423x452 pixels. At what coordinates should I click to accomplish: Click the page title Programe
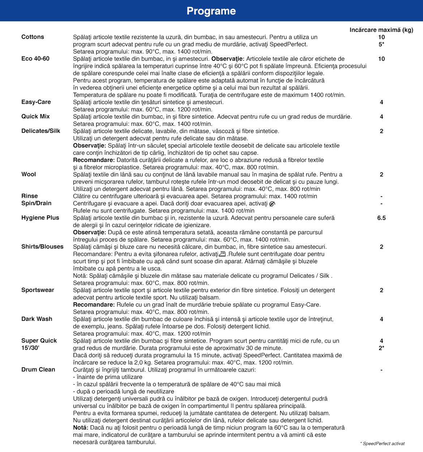click(211, 11)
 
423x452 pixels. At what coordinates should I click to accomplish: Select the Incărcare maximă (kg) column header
click(381, 30)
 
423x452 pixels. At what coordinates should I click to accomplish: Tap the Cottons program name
click(33, 37)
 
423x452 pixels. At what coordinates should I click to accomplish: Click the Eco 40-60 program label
click(35, 59)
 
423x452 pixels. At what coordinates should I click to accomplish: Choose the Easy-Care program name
click(36, 102)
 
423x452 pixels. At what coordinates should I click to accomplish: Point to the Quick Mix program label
click(35, 116)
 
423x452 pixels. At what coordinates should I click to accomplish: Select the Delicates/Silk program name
click(41, 131)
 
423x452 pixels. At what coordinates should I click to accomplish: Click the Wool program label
click(29, 174)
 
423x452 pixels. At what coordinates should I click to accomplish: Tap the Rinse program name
click(30, 196)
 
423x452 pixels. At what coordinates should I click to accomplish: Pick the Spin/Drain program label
click(37, 203)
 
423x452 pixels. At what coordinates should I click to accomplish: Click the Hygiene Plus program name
click(40, 218)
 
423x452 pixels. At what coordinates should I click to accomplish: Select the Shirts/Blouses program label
click(42, 247)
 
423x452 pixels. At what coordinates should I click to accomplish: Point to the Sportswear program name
click(38, 290)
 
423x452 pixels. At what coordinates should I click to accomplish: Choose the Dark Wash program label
click(37, 319)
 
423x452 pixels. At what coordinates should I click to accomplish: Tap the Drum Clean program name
click(38, 370)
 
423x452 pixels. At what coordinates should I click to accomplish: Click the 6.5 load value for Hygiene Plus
click(381, 218)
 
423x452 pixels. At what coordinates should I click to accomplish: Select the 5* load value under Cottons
click(381, 44)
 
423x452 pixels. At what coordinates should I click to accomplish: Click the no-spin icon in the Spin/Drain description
click(272, 204)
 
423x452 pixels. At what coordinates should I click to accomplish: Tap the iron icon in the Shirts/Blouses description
click(223, 254)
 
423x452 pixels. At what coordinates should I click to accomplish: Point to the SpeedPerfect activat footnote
click(383, 444)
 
